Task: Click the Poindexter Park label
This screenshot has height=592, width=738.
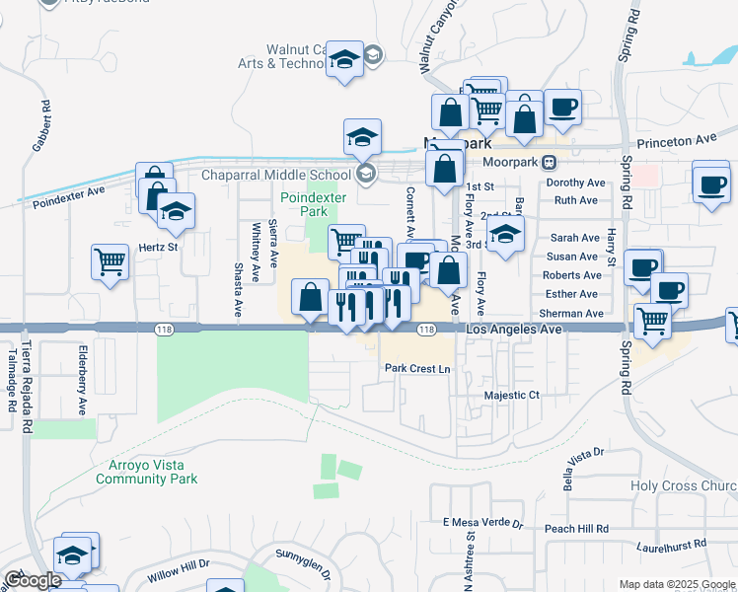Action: point(303,204)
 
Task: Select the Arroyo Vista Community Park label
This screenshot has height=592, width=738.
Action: point(146,472)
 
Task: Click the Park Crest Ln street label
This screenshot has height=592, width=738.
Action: point(416,369)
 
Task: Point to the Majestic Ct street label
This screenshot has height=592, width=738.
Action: point(513,395)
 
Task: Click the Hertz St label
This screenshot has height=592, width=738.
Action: point(158,247)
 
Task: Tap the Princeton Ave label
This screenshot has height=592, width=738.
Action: point(677,141)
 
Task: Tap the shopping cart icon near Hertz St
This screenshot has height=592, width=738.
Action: point(110,261)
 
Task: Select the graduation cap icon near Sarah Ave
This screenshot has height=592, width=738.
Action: point(505,235)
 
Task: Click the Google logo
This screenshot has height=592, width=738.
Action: point(33,581)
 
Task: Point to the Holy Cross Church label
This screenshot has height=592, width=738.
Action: point(684,486)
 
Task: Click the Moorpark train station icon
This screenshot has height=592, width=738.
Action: point(549,162)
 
